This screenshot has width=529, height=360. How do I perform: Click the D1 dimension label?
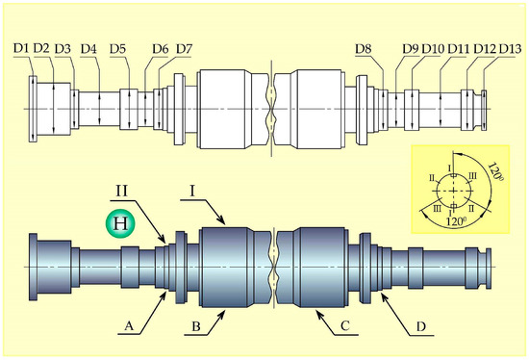21,48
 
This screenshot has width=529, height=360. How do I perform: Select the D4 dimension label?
88,49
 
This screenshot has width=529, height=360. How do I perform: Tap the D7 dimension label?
184,49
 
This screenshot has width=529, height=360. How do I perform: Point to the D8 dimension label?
363,49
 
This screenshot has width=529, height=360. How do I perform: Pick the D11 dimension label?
459,49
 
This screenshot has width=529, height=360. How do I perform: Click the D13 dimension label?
511,49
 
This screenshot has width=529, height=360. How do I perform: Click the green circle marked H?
120,223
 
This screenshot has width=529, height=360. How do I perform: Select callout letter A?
129,326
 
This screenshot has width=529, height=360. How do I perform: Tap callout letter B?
196,326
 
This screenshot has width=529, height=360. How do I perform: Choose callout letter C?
344,326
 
